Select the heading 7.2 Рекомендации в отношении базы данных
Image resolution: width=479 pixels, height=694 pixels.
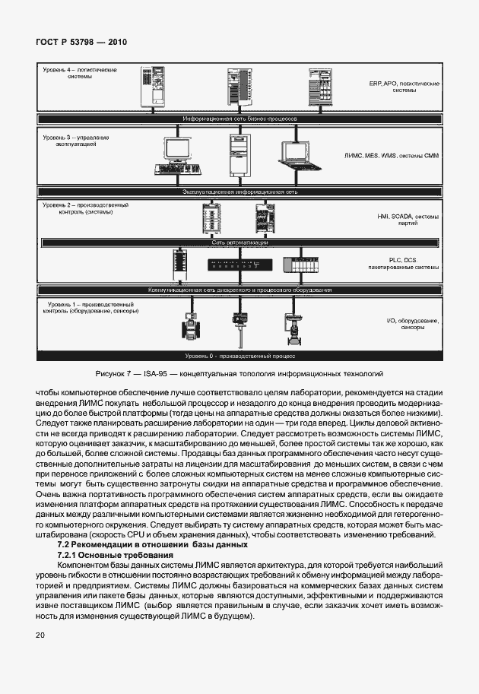click(153, 544)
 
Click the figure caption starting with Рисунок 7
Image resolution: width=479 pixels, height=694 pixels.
click(239, 374)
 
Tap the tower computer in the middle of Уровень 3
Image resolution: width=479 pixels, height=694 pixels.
click(238, 155)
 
